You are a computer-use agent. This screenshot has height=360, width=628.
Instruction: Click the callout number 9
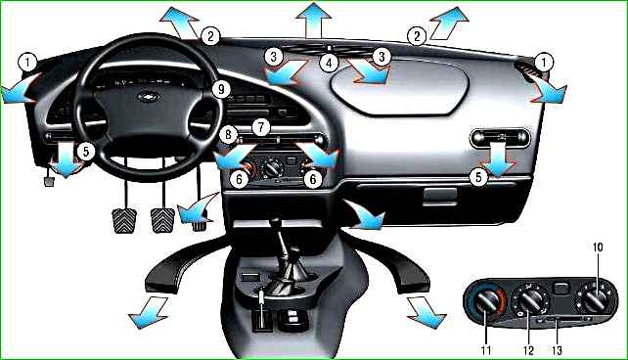(221, 89)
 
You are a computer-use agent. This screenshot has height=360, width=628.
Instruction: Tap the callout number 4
(329, 63)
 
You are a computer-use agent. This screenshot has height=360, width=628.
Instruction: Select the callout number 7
(261, 127)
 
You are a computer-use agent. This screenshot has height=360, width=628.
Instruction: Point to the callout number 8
(228, 134)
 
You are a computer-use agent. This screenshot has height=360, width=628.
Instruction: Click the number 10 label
(597, 247)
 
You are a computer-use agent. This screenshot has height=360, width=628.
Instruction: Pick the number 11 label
(486, 350)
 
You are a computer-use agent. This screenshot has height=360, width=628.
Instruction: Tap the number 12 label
(528, 351)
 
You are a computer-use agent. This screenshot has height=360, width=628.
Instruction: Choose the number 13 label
(557, 351)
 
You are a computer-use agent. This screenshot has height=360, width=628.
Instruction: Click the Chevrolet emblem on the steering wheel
(149, 97)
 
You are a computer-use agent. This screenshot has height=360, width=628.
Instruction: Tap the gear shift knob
(274, 222)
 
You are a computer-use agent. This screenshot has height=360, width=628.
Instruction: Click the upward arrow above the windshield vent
(313, 20)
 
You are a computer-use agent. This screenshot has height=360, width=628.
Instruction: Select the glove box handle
(440, 195)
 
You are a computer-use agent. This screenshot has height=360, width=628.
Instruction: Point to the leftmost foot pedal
(124, 220)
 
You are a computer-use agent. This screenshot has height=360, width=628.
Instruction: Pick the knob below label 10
(595, 300)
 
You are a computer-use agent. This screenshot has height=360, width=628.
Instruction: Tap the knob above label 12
(529, 301)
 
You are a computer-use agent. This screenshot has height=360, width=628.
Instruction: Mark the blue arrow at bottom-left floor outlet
(148, 313)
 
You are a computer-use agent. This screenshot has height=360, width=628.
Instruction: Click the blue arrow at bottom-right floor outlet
(426, 313)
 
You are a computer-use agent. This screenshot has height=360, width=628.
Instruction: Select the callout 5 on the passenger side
(478, 177)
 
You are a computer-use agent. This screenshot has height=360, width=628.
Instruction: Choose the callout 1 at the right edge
(544, 63)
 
